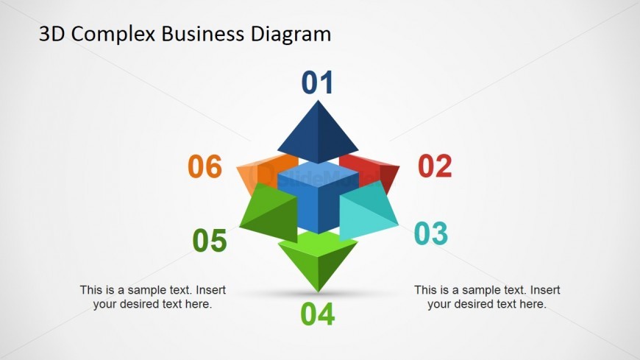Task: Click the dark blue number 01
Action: click(317, 83)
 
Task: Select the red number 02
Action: click(435, 166)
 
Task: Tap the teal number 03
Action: click(431, 233)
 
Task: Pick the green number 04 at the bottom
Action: click(318, 314)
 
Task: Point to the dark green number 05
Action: click(210, 241)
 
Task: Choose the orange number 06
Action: click(205, 166)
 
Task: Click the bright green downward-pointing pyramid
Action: click(318, 257)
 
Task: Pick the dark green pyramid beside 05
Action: click(269, 213)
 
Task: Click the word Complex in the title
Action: click(113, 34)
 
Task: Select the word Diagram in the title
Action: click(291, 34)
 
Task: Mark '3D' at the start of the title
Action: click(51, 34)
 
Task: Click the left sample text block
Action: click(153, 297)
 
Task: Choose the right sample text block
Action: click(487, 297)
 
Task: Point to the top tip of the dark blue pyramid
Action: click(318, 101)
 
